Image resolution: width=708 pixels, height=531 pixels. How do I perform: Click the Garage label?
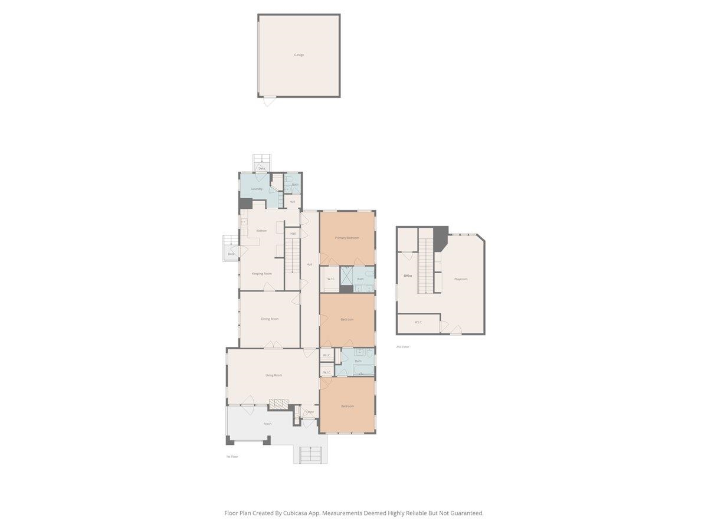coord(299,55)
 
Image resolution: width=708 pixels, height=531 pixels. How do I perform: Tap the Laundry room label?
coord(257,189)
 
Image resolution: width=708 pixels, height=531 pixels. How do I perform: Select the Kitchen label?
coord(261,231)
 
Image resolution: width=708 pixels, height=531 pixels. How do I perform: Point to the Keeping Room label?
coord(261,274)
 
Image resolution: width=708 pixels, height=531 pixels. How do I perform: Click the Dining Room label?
coord(270,319)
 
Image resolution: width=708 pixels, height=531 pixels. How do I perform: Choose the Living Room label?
coord(273,375)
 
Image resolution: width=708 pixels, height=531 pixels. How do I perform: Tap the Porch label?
coord(267,424)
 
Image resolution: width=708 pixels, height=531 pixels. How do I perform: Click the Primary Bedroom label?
coord(347,238)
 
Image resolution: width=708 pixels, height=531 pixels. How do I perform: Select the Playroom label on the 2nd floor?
coord(461,278)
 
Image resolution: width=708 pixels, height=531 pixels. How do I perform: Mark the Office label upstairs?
coord(408,276)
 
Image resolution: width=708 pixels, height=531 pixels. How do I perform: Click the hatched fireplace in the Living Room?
coord(278,404)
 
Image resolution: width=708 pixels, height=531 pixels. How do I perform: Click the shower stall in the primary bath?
coord(346,276)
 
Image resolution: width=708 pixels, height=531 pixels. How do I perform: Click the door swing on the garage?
coord(269,101)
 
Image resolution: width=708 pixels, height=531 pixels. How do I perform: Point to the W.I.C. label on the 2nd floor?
coord(418,322)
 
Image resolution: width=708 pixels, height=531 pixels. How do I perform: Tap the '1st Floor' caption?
coord(232,457)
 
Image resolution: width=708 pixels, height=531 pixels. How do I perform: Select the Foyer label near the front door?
coord(310,412)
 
